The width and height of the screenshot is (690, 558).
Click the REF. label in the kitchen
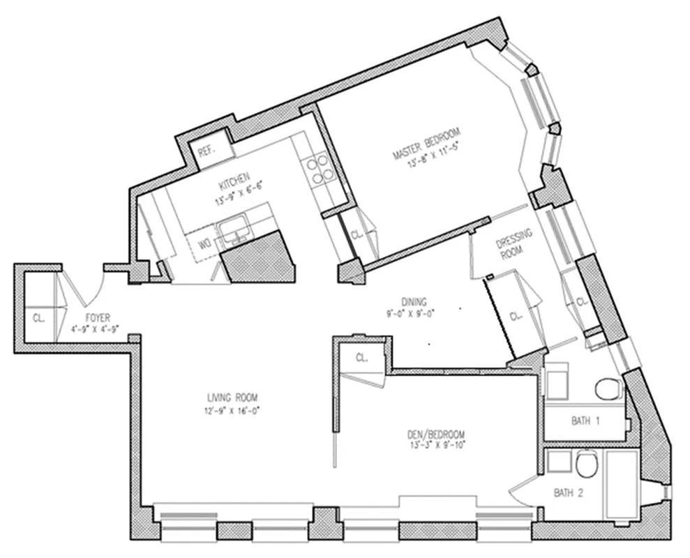pos(206,151)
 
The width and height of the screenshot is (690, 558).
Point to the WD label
pos(205,244)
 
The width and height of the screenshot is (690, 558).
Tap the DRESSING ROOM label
pos(513,244)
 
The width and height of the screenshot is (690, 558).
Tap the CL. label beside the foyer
pos(38,318)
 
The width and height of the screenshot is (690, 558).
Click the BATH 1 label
pos(586,421)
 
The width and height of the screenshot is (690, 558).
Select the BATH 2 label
pos(568,492)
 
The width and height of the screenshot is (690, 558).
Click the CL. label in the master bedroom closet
pos(355,234)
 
